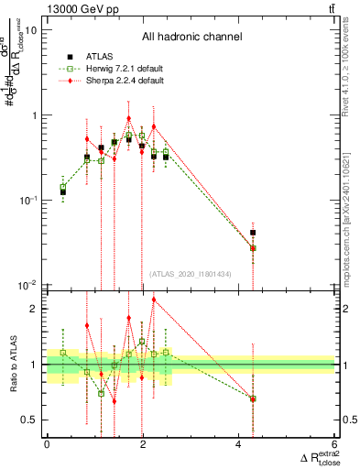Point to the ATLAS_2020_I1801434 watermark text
[x=191, y=274]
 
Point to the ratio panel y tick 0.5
[x=33, y=420]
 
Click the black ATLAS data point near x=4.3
[x=253, y=233]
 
